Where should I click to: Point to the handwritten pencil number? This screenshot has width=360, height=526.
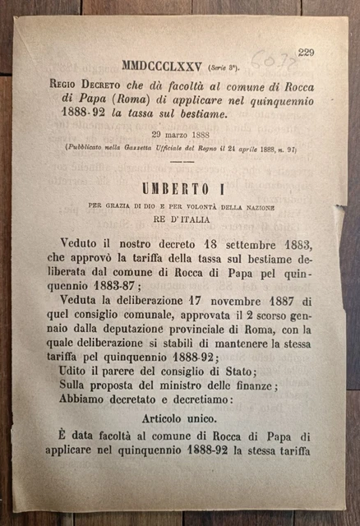(x=266, y=58)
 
